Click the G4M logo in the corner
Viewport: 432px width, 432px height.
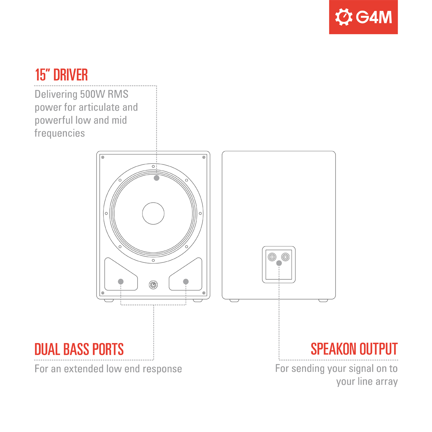[x=363, y=17]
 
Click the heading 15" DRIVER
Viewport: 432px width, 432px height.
[x=62, y=75]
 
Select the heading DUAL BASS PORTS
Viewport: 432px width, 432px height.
[x=79, y=349]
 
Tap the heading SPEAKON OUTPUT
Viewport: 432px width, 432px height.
[x=354, y=349]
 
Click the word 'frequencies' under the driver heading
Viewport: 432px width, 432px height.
[x=59, y=133]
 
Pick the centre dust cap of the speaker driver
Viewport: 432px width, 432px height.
[x=153, y=213]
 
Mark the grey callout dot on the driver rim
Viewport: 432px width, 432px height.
[x=157, y=178]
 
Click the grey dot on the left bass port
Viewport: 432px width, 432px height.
[x=121, y=282]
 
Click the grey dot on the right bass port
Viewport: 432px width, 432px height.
[x=186, y=282]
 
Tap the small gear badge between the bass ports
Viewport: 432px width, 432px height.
[x=153, y=285]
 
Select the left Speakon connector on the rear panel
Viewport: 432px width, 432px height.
[x=272, y=257]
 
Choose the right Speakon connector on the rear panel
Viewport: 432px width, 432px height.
[x=285, y=257]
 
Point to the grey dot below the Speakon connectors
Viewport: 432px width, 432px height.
[x=279, y=263]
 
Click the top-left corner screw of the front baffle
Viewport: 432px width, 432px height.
[x=103, y=157]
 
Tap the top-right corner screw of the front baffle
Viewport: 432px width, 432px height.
[x=204, y=157]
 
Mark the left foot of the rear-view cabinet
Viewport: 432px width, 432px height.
[x=234, y=300]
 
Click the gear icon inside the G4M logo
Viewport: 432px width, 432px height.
[x=343, y=17]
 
